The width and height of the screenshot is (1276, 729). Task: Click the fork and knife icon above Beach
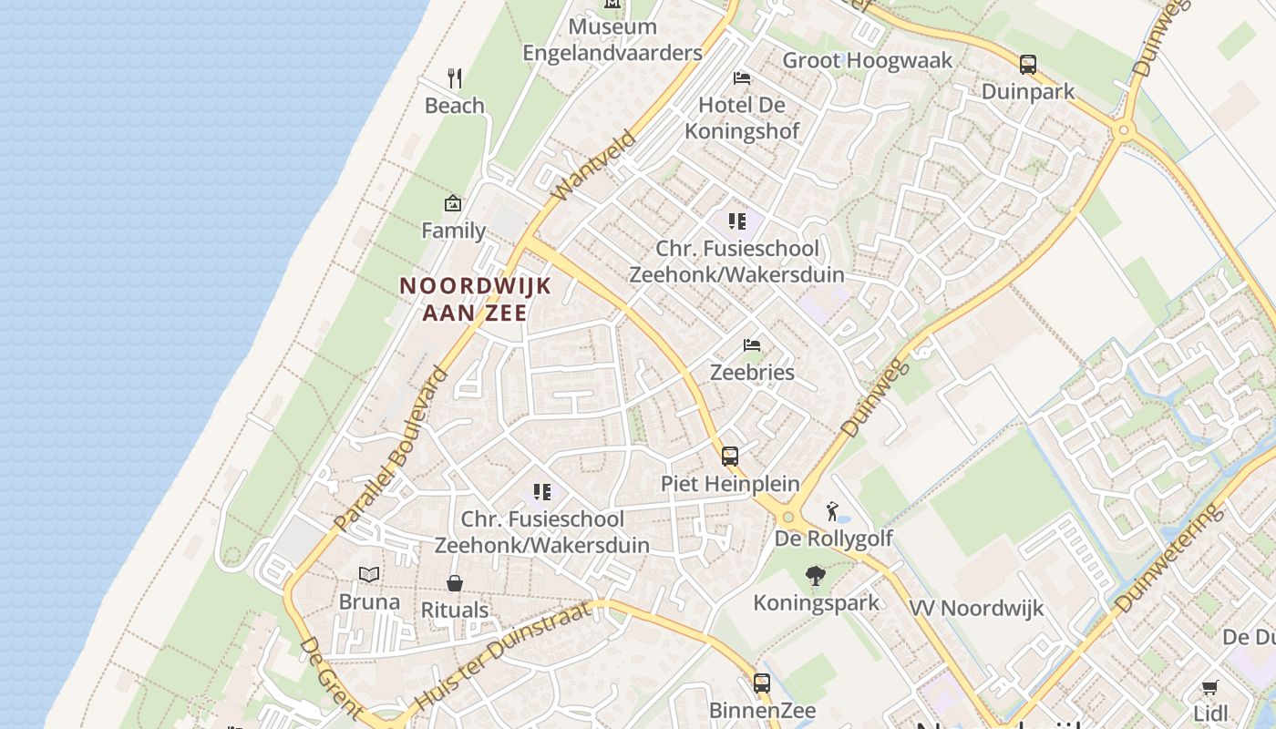pyautogui.click(x=455, y=78)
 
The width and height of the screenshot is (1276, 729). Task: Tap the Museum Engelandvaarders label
pyautogui.click(x=612, y=40)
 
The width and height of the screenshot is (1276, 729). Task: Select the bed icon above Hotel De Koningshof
pyautogui.click(x=742, y=77)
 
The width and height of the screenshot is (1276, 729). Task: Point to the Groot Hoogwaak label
pyautogui.click(x=867, y=60)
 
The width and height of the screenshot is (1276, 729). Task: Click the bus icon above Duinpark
pyautogui.click(x=1028, y=65)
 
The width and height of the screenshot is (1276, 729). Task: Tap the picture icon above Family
pyautogui.click(x=453, y=203)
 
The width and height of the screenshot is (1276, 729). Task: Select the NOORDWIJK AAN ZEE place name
pyautogui.click(x=475, y=299)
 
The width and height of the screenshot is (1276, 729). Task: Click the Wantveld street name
pyautogui.click(x=593, y=166)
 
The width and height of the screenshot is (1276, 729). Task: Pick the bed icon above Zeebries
pyautogui.click(x=752, y=345)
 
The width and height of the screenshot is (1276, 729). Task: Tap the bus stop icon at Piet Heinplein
pyautogui.click(x=730, y=457)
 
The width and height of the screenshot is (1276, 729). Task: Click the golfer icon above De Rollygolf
pyautogui.click(x=832, y=511)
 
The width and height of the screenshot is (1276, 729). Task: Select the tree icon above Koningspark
pyautogui.click(x=816, y=576)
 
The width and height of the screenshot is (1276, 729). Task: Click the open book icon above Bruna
pyautogui.click(x=369, y=575)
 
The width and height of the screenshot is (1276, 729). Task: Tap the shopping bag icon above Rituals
pyautogui.click(x=454, y=583)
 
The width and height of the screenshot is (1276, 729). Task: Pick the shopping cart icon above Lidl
pyautogui.click(x=1209, y=687)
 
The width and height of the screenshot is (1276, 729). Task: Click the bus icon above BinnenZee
pyautogui.click(x=762, y=683)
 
